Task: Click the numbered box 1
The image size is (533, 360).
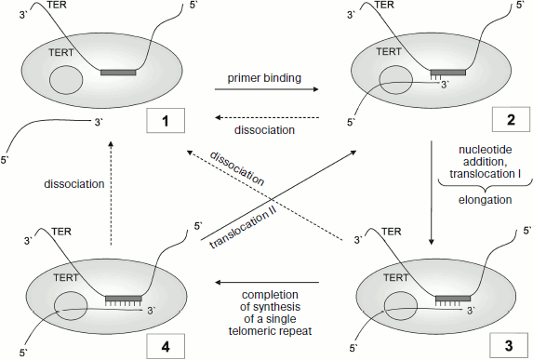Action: click(x=165, y=121)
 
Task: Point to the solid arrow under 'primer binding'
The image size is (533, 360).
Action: click(x=267, y=90)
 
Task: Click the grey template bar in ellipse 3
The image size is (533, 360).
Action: click(x=452, y=299)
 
